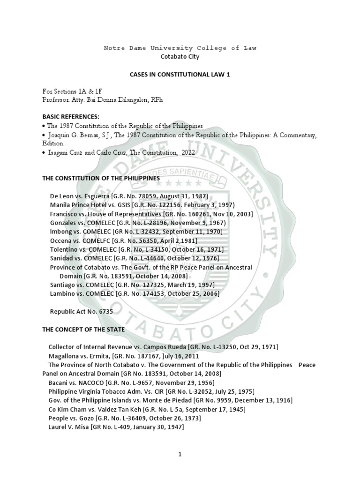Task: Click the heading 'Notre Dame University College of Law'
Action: tap(180, 48)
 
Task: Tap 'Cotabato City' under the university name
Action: tap(180, 57)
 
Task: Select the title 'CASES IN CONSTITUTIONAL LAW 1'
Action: tap(180, 75)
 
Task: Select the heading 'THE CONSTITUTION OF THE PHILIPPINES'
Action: tap(101, 178)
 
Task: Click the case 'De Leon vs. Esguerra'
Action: tap(128, 196)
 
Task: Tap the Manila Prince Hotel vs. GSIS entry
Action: tap(142, 205)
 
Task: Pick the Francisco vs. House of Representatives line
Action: tap(151, 214)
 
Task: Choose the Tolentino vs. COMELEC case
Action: tap(136, 249)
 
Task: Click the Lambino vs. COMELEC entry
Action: tap(134, 294)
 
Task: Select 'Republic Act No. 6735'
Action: tap(82, 311)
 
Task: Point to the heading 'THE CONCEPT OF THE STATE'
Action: tap(83, 330)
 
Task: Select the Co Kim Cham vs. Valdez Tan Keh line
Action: tap(147, 409)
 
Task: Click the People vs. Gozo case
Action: tap(124, 418)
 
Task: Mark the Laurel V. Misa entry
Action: tap(116, 427)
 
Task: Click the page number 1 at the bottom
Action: tap(180, 454)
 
